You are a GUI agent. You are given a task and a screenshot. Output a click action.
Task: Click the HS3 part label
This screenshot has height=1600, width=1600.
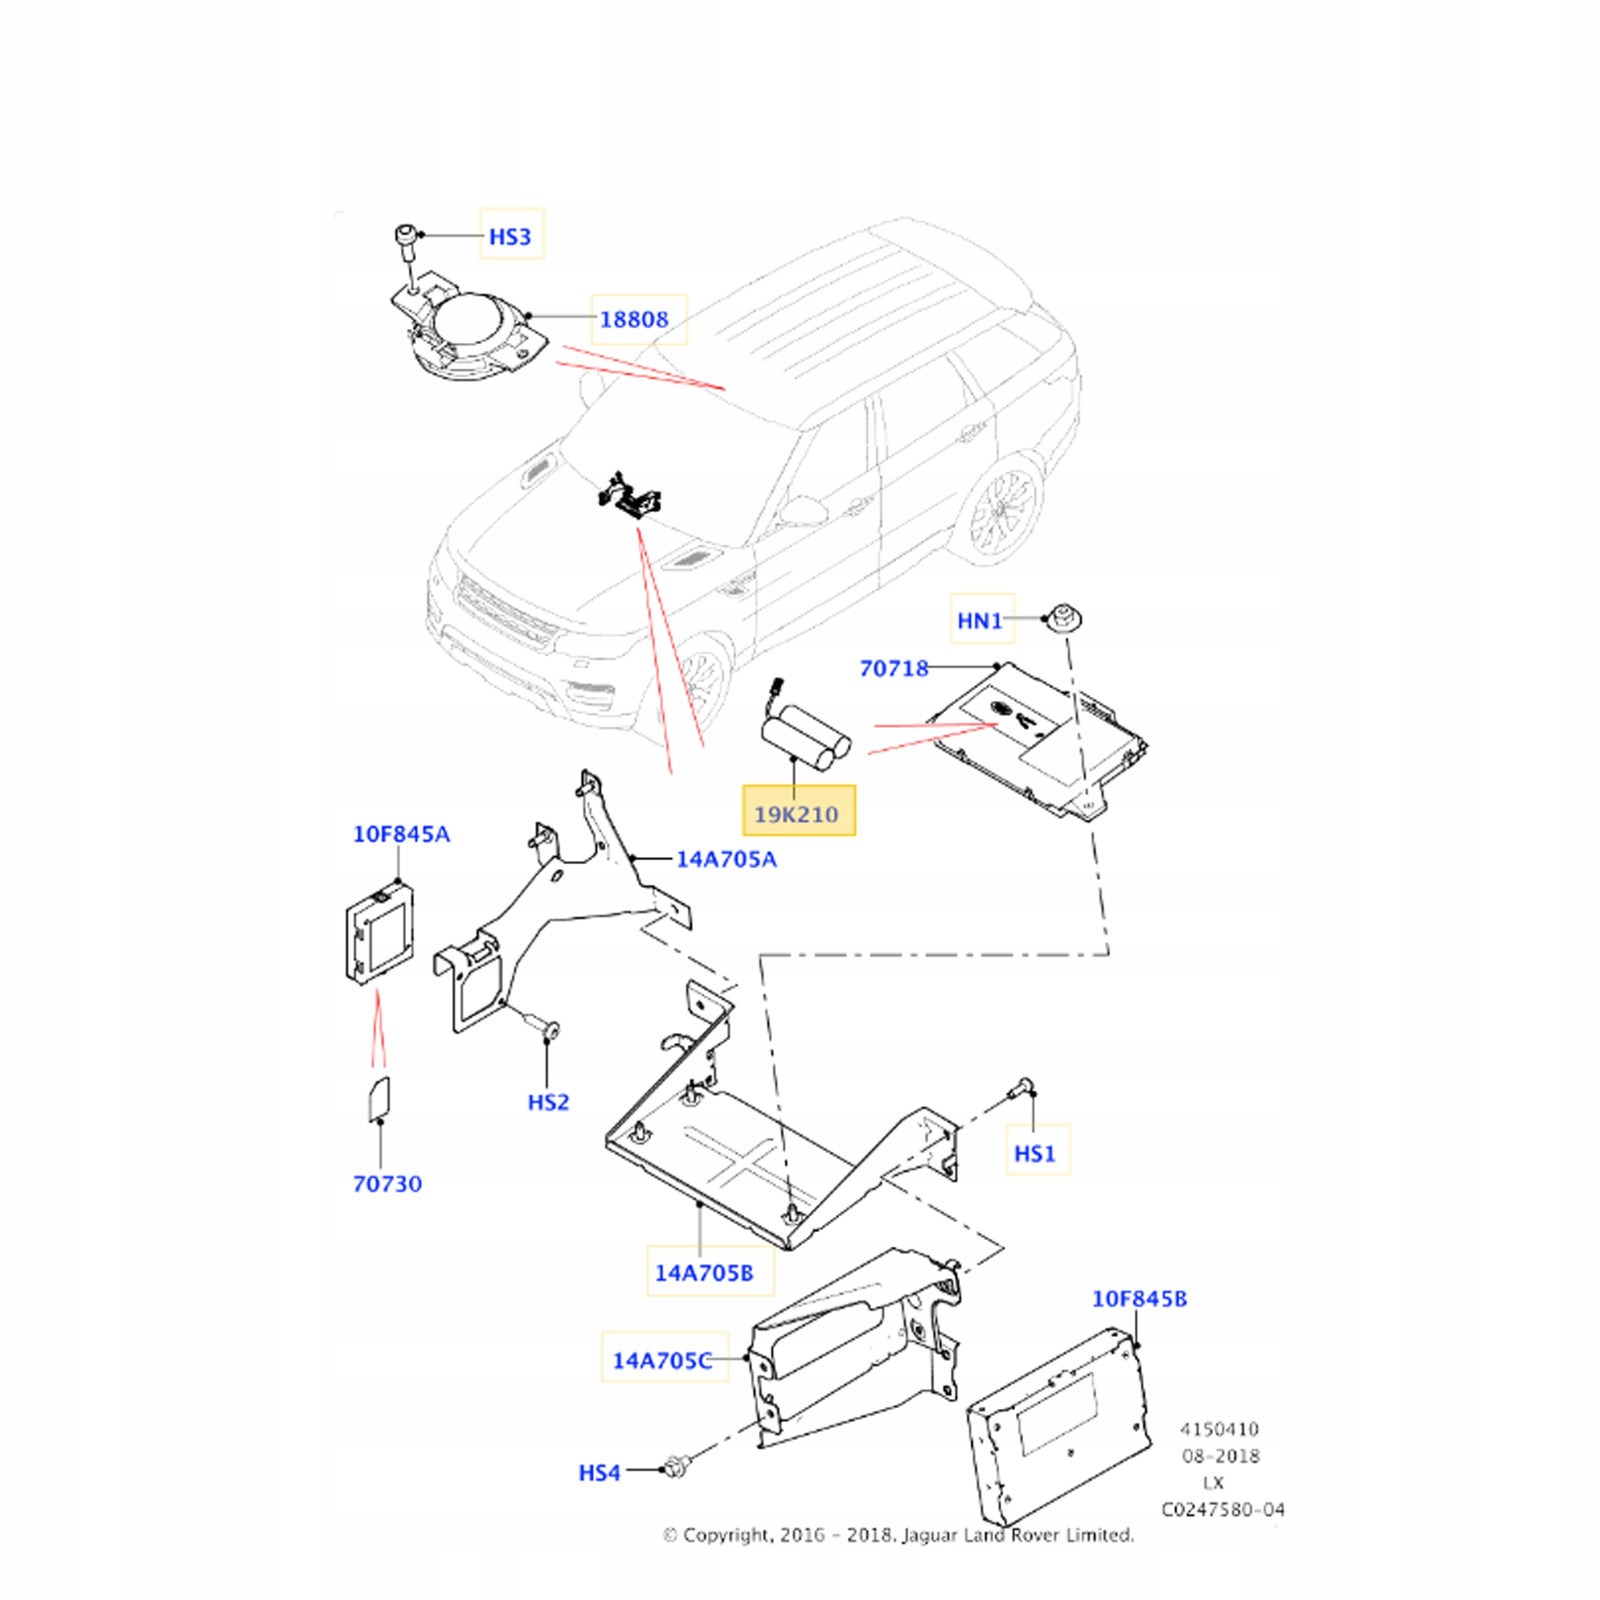[x=510, y=237]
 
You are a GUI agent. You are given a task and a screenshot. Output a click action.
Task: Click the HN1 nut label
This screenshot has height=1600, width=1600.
[x=980, y=620]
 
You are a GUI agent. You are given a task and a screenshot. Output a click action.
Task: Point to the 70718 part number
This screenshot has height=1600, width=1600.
[x=895, y=668]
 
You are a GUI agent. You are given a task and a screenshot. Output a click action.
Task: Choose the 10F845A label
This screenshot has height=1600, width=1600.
[x=402, y=834]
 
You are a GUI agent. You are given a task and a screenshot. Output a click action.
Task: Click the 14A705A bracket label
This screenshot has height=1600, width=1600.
[x=727, y=859]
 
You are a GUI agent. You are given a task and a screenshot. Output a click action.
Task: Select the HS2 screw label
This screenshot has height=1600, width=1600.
[x=549, y=1102]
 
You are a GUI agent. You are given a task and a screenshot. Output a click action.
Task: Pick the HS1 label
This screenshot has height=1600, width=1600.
[x=1035, y=1153]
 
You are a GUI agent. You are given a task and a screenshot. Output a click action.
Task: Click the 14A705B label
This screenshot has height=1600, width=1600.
[x=704, y=1273]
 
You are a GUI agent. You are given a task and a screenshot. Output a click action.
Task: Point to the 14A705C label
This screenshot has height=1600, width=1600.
[x=662, y=1360]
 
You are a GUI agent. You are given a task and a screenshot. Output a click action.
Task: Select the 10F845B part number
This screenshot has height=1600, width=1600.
[x=1139, y=1298]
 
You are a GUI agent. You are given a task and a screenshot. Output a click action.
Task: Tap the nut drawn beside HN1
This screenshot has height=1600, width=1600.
[x=1065, y=619]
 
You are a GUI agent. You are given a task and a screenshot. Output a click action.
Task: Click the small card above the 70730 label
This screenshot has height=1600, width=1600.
[x=379, y=1100]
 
